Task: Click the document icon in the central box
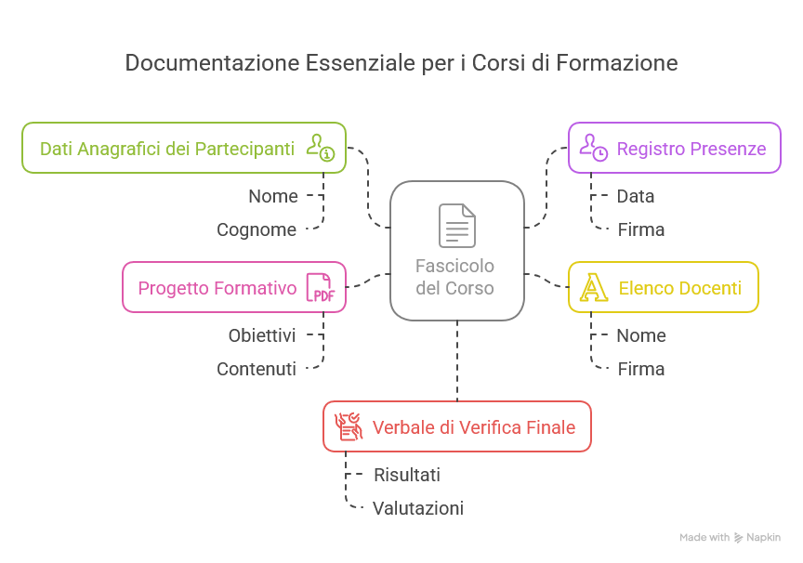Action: (x=456, y=226)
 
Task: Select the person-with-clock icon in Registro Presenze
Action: (x=593, y=148)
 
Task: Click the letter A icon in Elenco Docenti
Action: (x=592, y=287)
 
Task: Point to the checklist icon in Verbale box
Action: (x=348, y=426)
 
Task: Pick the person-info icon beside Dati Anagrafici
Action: (x=321, y=148)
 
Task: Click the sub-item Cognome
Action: (x=257, y=229)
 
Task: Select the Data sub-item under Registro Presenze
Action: (x=636, y=196)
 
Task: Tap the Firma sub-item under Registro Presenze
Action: (x=641, y=229)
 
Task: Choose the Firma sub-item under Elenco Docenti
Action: (x=641, y=369)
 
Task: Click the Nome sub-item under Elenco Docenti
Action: (x=641, y=335)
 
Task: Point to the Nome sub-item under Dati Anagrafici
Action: (x=273, y=196)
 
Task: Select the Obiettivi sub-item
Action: (x=262, y=335)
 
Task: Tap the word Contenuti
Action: (x=257, y=369)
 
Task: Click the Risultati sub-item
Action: (x=407, y=475)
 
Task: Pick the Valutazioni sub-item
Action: (x=418, y=508)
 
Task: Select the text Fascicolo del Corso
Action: (x=455, y=277)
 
